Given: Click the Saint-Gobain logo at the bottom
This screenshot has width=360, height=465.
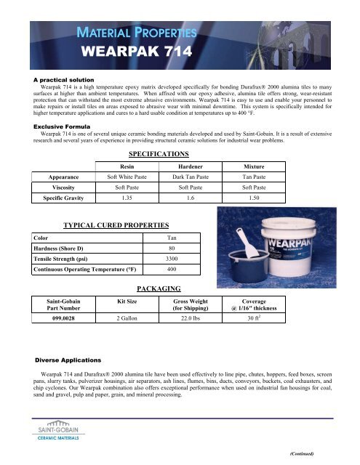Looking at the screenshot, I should click(x=52, y=429).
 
